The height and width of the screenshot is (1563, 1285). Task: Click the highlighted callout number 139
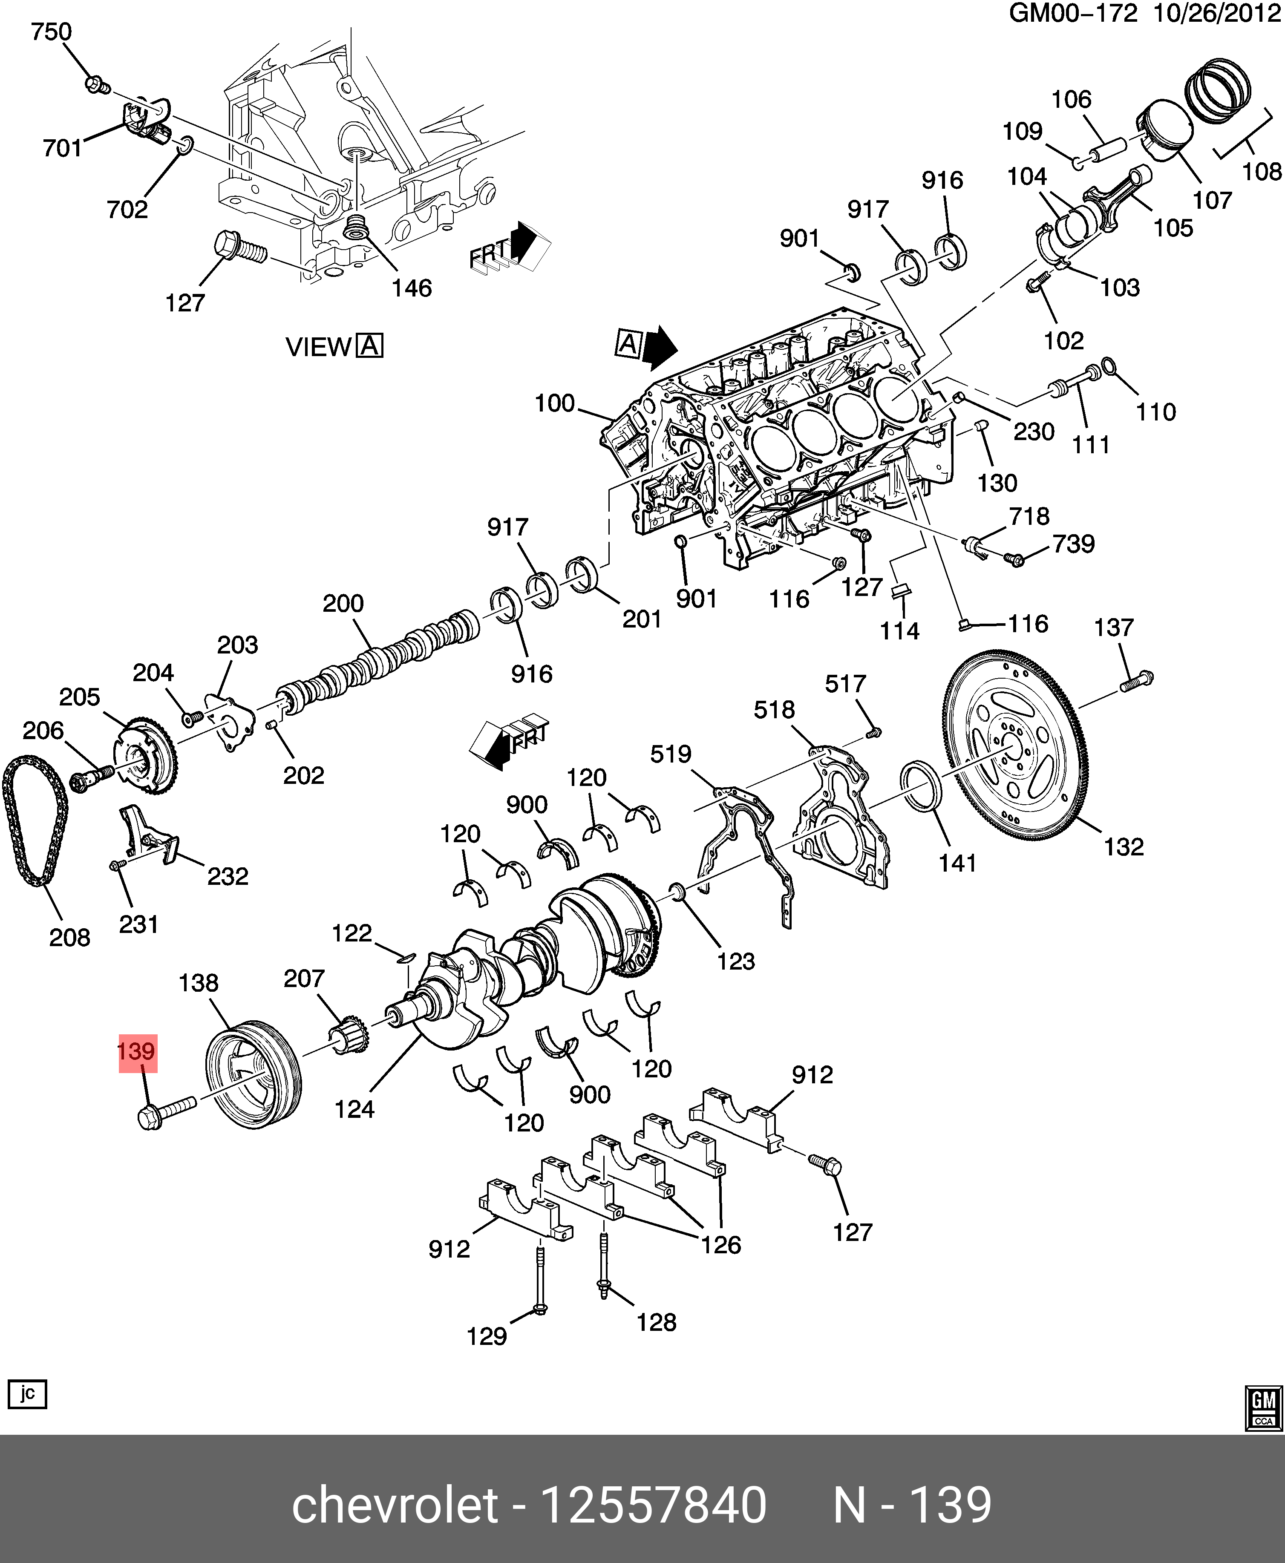137,1052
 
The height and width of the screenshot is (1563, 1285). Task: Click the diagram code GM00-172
1073,14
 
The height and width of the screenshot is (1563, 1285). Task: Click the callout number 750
51,32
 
